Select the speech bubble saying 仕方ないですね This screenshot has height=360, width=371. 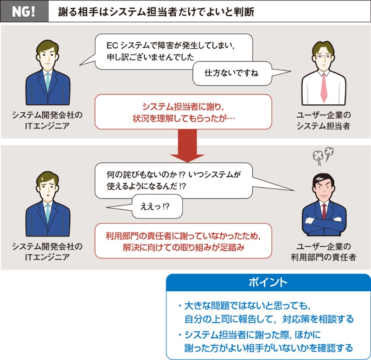pos(232,73)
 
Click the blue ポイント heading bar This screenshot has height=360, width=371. pos(268,283)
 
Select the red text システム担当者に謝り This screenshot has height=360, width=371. pos(184,106)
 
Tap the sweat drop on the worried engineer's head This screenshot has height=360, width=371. pos(42,176)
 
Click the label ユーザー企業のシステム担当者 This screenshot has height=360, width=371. pos(324,120)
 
